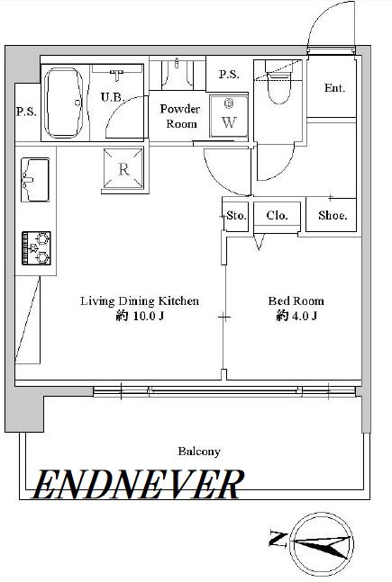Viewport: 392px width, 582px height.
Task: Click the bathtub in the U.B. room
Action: tap(64, 103)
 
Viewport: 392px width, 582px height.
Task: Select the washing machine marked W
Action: tap(229, 116)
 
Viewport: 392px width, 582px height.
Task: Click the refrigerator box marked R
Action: tap(123, 168)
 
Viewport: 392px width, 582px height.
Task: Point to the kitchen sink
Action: tap(35, 180)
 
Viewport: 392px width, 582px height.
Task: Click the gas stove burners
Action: tap(36, 248)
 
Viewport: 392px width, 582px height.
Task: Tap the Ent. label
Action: tap(334, 88)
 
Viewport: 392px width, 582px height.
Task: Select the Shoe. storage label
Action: tap(333, 215)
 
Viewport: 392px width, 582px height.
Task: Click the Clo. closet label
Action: tap(277, 215)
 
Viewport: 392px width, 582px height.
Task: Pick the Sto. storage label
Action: tap(236, 215)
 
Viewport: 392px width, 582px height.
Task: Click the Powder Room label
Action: tap(180, 116)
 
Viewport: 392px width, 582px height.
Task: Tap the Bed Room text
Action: tap(296, 300)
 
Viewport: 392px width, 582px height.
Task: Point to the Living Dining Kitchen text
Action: tap(140, 300)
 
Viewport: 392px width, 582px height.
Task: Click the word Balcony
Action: tap(199, 452)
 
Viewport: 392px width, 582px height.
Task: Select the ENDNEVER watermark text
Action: tap(138, 484)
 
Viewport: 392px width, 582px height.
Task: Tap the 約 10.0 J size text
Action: tap(141, 317)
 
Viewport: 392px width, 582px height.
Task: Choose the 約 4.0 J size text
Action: tap(296, 317)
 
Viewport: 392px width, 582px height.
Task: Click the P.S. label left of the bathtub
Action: tap(26, 112)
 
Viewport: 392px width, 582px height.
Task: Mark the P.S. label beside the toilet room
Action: tap(229, 75)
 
